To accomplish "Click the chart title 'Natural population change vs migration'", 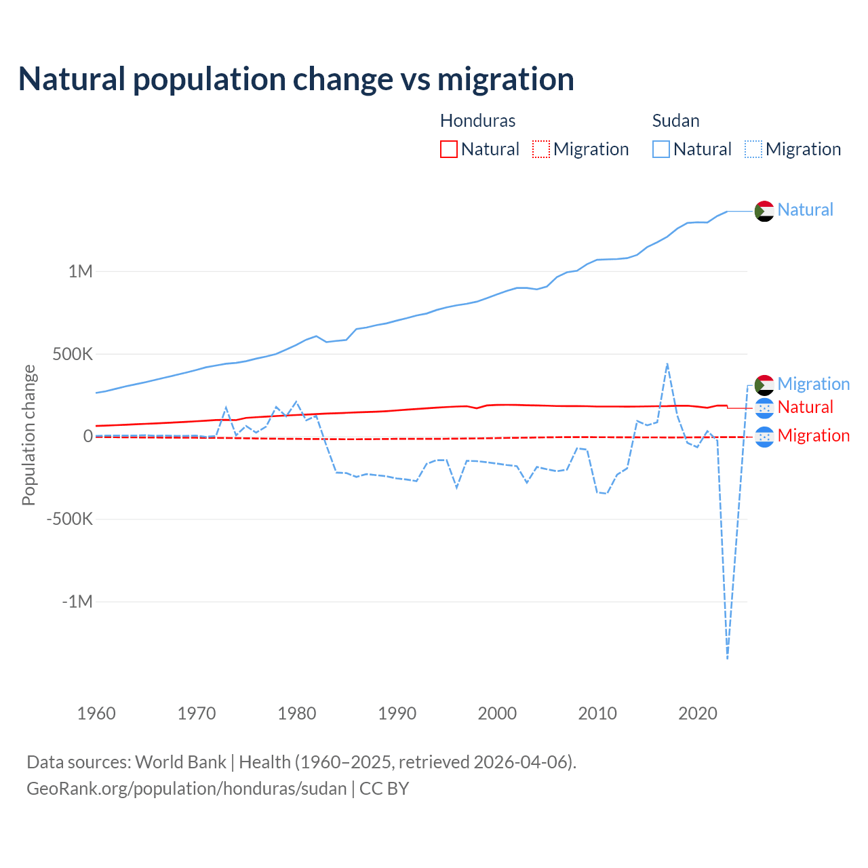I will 296,79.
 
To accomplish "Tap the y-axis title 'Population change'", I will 28,435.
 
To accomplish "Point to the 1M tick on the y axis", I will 80,271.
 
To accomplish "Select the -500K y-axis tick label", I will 69,519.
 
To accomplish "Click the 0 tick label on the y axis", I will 87,436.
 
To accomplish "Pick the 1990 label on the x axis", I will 397,713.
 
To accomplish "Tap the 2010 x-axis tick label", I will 597,713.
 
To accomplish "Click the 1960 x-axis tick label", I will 96,713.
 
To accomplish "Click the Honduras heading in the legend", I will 477,121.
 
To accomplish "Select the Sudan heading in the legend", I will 675,121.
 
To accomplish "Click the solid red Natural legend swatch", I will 449,149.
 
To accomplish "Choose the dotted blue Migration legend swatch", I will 753,149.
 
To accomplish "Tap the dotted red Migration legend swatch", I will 541,149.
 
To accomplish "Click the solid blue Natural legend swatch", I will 661,149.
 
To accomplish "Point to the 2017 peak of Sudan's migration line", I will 667,363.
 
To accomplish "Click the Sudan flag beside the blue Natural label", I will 764,211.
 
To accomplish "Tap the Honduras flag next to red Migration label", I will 764,437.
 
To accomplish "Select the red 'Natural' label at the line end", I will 805,407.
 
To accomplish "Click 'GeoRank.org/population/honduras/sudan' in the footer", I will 186,789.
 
